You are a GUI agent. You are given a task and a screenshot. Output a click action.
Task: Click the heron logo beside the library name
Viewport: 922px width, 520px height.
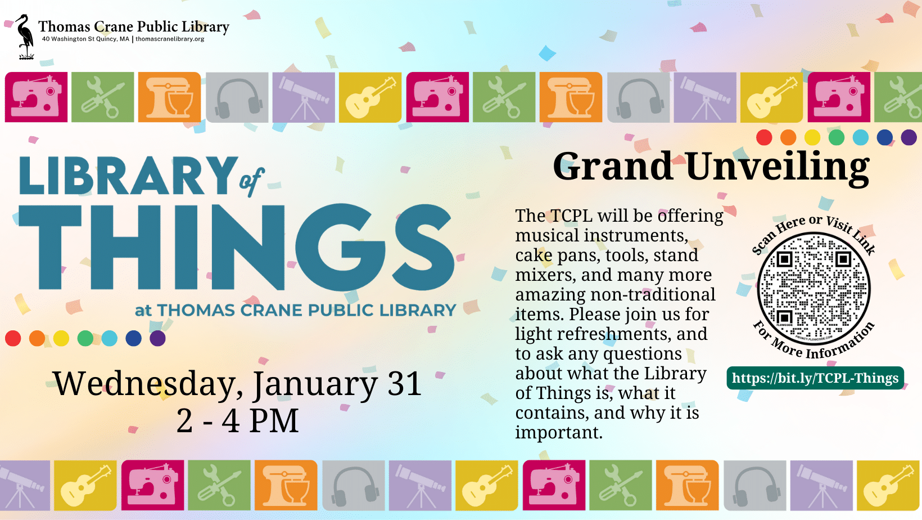click(x=25, y=37)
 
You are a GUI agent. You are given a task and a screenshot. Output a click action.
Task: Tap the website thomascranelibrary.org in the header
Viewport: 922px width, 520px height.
click(x=170, y=39)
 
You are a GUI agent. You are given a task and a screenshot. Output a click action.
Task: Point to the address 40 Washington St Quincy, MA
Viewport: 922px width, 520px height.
click(x=85, y=39)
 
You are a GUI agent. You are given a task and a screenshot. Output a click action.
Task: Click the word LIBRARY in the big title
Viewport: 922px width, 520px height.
click(x=128, y=176)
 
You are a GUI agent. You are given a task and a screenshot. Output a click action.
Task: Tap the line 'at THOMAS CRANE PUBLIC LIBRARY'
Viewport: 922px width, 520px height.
click(x=295, y=310)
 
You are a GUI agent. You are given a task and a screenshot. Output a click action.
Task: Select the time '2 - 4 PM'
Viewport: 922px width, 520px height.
click(x=237, y=421)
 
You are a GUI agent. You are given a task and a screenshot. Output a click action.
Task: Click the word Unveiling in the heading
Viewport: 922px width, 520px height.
click(x=778, y=167)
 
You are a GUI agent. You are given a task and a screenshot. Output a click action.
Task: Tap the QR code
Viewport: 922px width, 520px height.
click(x=813, y=289)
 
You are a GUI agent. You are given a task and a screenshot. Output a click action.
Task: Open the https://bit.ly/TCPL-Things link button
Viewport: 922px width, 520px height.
click(x=815, y=378)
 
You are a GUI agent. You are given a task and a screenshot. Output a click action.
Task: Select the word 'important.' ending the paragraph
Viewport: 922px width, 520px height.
click(x=559, y=432)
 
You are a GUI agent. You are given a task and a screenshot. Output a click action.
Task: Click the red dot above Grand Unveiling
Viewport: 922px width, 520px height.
click(x=764, y=137)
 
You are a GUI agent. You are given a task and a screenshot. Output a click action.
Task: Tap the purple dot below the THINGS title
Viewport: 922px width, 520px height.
click(x=158, y=338)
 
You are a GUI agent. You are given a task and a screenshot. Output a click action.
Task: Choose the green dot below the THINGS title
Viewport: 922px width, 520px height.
click(x=85, y=338)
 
